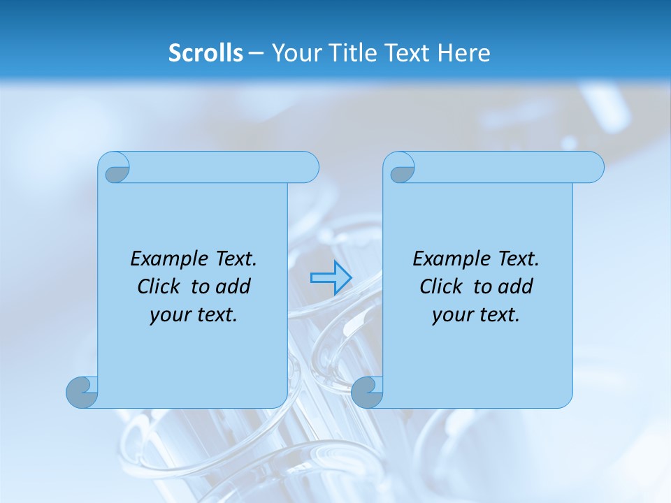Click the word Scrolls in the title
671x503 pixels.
(x=205, y=53)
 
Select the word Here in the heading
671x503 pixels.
(x=463, y=53)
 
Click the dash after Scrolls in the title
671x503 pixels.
(x=256, y=53)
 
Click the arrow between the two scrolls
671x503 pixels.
(x=331, y=278)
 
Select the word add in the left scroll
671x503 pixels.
(x=233, y=286)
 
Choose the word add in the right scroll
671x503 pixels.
(x=516, y=286)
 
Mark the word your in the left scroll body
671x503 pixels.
(x=168, y=315)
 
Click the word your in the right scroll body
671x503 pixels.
(x=451, y=315)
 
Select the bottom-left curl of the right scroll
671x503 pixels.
(x=367, y=393)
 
